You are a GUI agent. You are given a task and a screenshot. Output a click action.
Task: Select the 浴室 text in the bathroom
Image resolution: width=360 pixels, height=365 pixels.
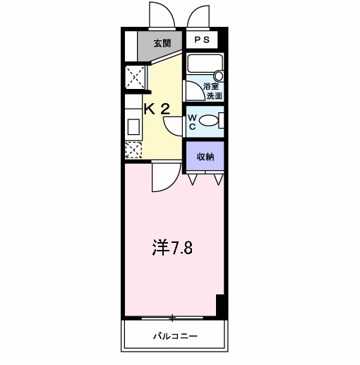pos(212,87)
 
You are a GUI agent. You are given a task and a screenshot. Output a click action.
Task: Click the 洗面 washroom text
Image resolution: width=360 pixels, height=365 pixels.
pos(212,95)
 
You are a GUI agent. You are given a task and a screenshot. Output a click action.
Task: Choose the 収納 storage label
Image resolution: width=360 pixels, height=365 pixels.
pos(205,156)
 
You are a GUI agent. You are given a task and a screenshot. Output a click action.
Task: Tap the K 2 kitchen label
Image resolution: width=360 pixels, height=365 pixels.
pos(157,109)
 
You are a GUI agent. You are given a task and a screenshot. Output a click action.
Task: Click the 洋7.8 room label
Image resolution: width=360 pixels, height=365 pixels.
pos(172,249)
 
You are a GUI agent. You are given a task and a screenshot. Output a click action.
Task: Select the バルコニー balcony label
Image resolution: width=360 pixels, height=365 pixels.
pos(176,336)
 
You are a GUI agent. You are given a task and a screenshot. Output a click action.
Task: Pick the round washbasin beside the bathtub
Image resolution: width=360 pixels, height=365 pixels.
pos(218,76)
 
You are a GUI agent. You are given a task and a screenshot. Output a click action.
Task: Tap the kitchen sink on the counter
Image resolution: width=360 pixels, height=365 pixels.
pos(132,128)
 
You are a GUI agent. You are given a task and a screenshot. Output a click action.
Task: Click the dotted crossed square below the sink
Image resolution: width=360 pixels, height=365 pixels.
pos(132,149)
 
